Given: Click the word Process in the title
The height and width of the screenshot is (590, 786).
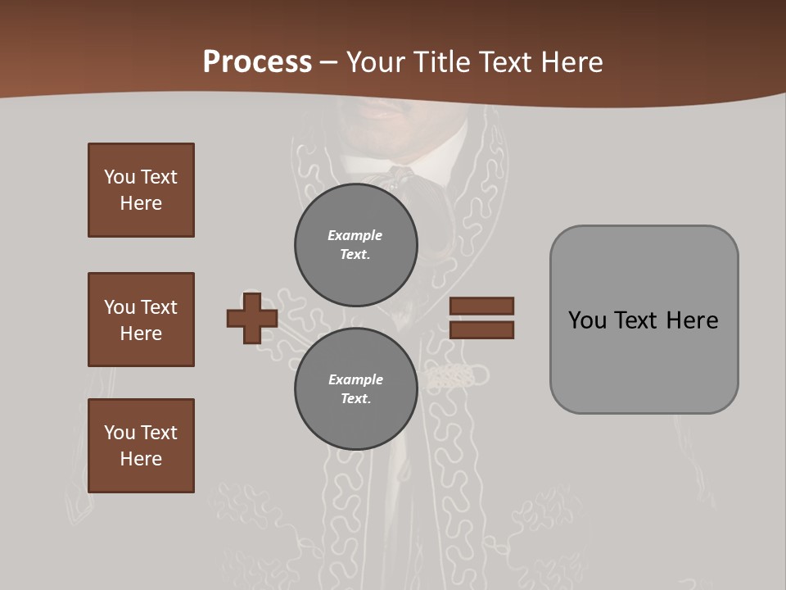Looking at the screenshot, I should tap(257, 62).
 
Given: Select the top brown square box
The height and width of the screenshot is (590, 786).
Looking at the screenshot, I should tap(141, 190).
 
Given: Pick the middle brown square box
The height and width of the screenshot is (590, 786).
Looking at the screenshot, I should tap(141, 320).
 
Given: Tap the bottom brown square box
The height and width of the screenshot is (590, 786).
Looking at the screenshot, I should tap(141, 446).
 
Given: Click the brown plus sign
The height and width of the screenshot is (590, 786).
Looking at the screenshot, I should tap(252, 318).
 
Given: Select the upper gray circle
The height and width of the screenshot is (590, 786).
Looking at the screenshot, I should tap(356, 245).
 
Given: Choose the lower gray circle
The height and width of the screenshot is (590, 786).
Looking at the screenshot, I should tap(356, 389).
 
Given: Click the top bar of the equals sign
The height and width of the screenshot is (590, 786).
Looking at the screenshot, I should tap(481, 306).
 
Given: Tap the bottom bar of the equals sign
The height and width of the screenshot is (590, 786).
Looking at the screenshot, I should tap(481, 330).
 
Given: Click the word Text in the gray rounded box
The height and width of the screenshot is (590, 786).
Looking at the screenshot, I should tap(639, 320).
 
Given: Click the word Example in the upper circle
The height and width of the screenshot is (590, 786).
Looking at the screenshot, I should tap(355, 235).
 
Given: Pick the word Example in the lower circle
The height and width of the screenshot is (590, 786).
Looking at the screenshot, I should tap(355, 379).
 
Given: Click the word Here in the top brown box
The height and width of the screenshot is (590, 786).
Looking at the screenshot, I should tap(141, 203).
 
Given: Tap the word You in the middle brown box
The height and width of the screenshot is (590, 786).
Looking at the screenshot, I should tap(119, 307).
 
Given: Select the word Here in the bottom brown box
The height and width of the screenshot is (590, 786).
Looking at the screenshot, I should tap(141, 459).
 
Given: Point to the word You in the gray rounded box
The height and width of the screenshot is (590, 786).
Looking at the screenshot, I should tap(587, 320).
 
